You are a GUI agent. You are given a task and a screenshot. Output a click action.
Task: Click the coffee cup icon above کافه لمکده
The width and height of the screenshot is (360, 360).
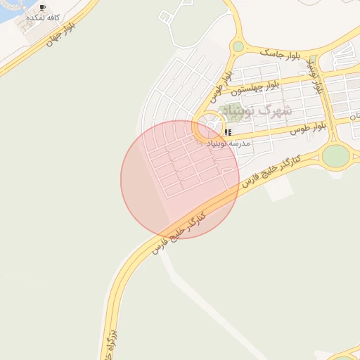pyautogui.click(x=44, y=7)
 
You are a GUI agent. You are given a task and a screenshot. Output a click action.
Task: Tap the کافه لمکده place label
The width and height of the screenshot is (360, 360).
pyautogui.click(x=42, y=16)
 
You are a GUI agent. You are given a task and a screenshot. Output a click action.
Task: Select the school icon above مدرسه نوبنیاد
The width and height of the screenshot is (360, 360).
pyautogui.click(x=228, y=132)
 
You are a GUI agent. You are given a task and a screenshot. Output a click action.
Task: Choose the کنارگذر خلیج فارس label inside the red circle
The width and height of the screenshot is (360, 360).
pyautogui.click(x=182, y=229)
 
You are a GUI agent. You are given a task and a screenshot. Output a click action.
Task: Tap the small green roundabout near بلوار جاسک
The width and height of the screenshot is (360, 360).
pyautogui.click(x=238, y=46)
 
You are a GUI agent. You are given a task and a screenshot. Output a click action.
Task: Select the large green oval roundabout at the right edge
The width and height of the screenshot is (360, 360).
pyautogui.click(x=335, y=155)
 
